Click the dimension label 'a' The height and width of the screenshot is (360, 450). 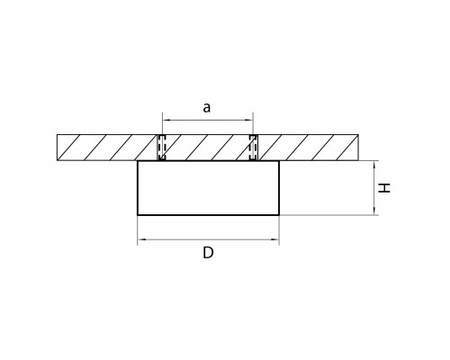point(207,107)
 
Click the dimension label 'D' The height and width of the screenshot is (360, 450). point(208,253)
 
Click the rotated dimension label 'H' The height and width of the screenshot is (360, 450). point(384,188)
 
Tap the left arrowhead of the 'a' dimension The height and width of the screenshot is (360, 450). point(166,120)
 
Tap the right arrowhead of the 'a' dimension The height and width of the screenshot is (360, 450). point(249,120)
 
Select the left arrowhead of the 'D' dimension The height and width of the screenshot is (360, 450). point(141,239)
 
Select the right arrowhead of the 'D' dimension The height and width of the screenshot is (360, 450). point(275,239)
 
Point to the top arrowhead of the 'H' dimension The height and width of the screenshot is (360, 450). point(374,165)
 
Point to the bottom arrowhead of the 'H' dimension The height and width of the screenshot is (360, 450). point(374,211)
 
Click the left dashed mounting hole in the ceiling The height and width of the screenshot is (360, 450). point(162,148)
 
